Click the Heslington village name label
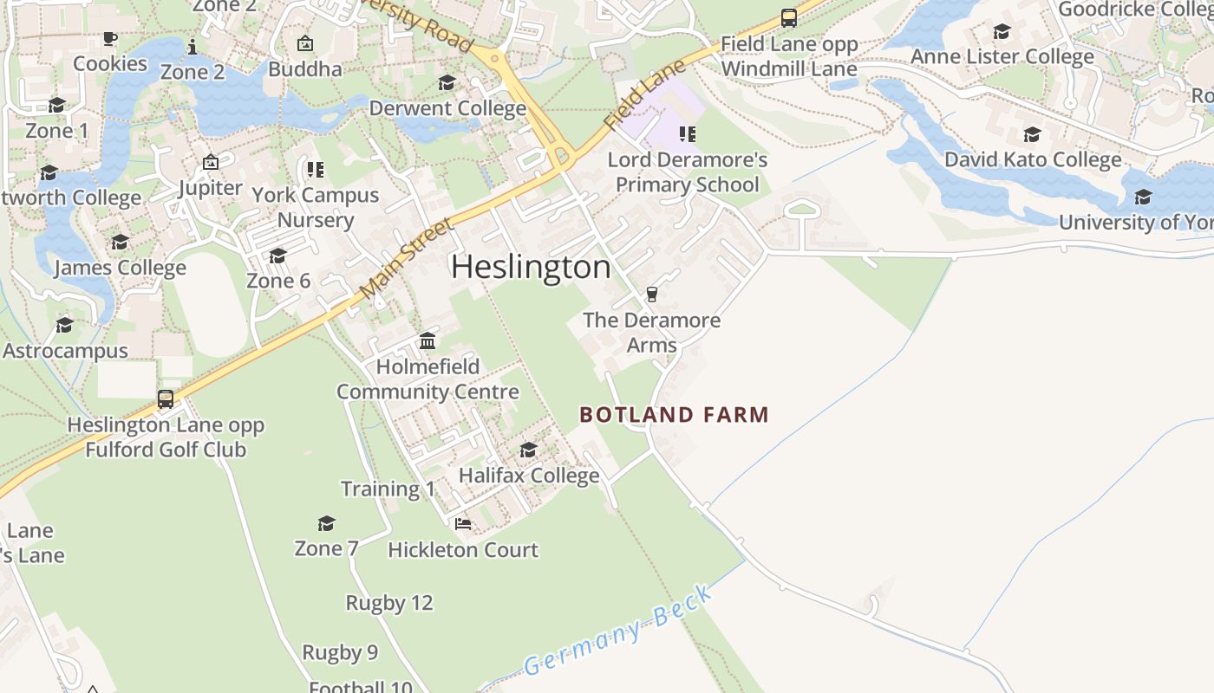[531, 267]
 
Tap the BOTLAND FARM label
[674, 415]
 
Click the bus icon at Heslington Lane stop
[166, 399]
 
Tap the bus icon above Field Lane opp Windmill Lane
[788, 17]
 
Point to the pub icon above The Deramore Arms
[652, 295]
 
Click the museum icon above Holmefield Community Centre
[428, 341]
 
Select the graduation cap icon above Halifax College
[528, 450]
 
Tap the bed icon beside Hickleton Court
[463, 524]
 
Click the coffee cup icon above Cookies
[110, 38]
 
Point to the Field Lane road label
[645, 95]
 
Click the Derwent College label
[447, 108]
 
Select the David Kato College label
[1033, 159]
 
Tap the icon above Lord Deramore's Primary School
[687, 133]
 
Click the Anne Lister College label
[1002, 56]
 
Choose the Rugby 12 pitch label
[388, 603]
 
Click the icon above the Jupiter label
[210, 162]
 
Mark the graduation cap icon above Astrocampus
[65, 325]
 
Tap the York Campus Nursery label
[316, 207]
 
